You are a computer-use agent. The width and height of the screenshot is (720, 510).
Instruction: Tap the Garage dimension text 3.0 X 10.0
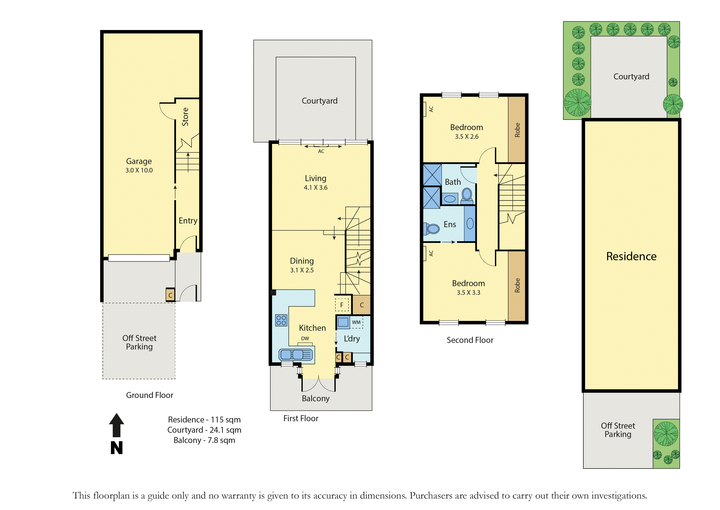pos(139,170)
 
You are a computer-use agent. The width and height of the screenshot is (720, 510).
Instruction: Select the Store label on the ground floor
pos(185,117)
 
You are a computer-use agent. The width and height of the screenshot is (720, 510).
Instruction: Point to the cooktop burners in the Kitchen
pos(281,320)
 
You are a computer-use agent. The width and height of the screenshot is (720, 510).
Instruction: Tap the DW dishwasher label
pos(305,339)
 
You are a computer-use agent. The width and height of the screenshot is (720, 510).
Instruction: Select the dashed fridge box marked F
pos(342,305)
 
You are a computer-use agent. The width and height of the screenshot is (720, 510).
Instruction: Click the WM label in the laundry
pos(356,322)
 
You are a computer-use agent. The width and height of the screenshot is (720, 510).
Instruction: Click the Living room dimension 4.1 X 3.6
pos(315,187)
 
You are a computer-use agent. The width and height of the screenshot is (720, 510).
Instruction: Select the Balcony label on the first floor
pos(315,399)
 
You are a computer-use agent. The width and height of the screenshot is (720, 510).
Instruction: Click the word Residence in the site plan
pos(631,256)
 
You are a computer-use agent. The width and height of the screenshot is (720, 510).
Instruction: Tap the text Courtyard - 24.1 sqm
pos(204,430)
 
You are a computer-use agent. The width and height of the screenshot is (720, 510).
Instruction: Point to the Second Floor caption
pos(470,340)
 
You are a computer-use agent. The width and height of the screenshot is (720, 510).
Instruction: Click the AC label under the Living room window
pos(321,151)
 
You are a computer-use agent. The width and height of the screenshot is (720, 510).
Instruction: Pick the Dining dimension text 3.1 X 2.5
pos(302,270)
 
